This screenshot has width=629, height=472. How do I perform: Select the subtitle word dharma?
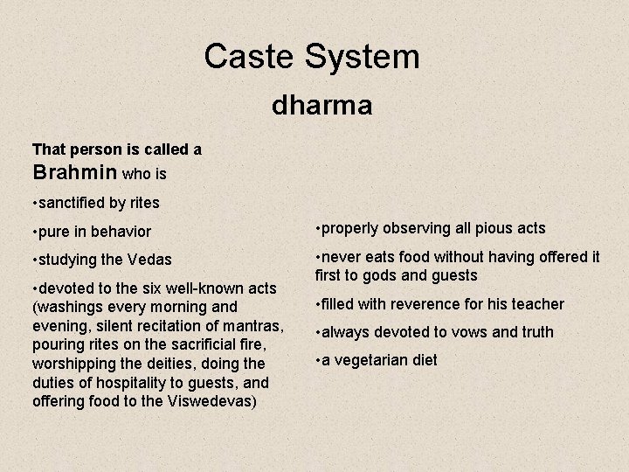(x=321, y=106)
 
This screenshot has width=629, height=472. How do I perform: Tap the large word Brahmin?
(x=75, y=172)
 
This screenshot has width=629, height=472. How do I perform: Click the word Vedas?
(x=149, y=260)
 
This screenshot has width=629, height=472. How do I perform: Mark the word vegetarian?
(x=369, y=360)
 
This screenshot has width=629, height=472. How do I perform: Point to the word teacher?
(x=537, y=304)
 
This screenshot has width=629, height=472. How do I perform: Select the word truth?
(x=536, y=332)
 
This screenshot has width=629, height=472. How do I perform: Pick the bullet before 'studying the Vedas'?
(x=33, y=260)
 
